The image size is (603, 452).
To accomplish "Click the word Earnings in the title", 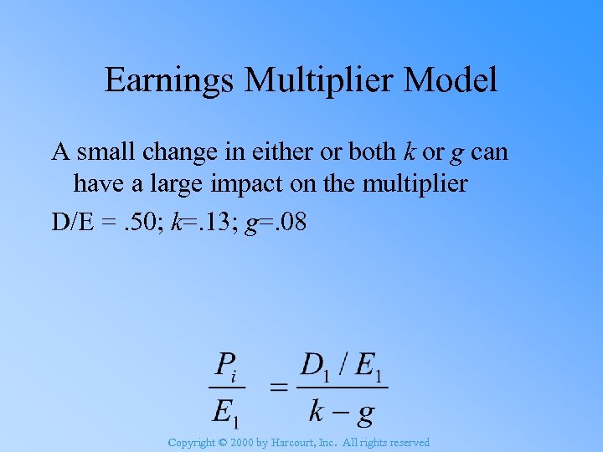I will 170,80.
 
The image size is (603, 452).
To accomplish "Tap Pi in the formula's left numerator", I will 228,365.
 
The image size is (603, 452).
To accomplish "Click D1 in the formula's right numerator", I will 317,365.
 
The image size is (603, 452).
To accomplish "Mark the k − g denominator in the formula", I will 342,411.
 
